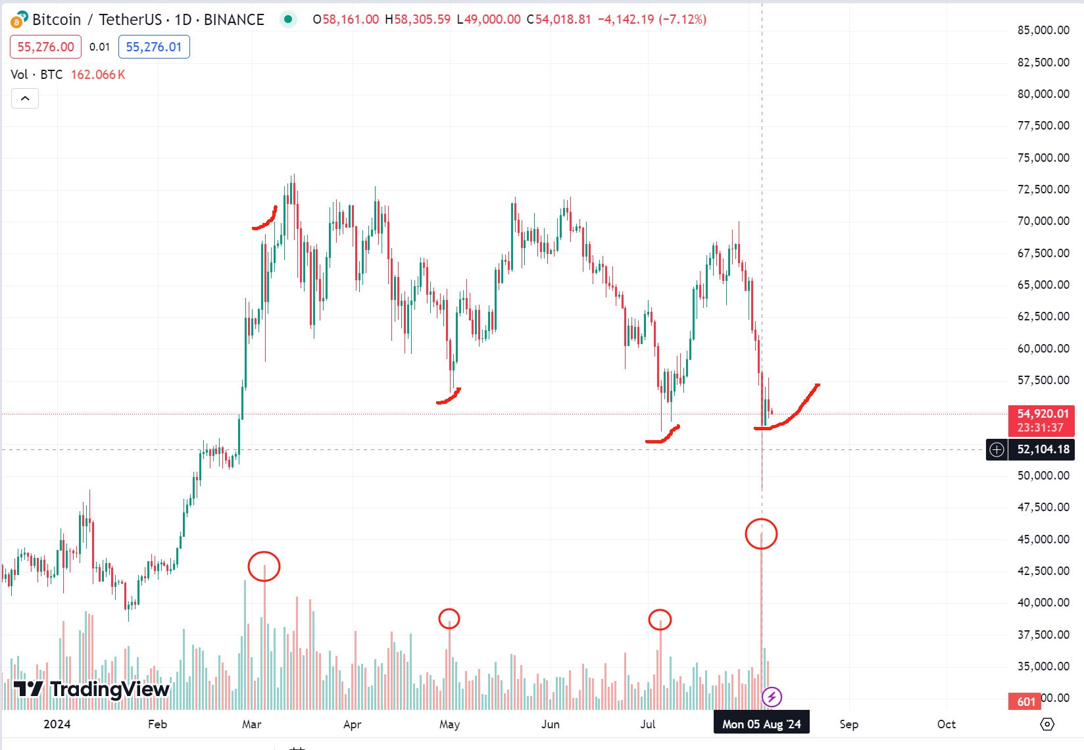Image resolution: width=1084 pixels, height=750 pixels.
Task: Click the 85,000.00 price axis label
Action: click(1043, 30)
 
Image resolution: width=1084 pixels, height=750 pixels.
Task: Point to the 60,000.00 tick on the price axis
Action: click(1043, 349)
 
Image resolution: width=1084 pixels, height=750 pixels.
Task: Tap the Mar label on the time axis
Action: click(251, 724)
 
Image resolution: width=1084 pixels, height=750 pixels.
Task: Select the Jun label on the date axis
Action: click(550, 724)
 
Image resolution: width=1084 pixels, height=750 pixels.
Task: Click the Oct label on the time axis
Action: click(946, 724)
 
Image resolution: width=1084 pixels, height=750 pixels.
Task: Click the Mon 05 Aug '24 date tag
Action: click(761, 724)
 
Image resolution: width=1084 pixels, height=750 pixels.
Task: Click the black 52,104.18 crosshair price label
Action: click(1043, 449)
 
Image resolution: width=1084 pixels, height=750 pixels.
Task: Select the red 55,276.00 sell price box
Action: click(45, 47)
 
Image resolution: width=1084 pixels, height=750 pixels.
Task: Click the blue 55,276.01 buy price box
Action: click(154, 47)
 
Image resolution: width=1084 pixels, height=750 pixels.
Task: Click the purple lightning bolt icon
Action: click(772, 696)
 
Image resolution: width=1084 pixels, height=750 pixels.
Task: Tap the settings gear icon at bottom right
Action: click(1047, 724)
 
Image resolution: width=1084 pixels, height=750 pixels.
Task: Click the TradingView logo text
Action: click(92, 689)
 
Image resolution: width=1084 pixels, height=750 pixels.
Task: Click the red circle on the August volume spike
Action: click(761, 534)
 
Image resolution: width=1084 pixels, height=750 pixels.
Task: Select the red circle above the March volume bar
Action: click(264, 566)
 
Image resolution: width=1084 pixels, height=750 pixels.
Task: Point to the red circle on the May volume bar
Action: click(449, 618)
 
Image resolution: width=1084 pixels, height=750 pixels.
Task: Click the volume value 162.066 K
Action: click(97, 74)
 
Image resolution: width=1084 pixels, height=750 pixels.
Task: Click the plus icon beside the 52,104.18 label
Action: click(997, 449)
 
